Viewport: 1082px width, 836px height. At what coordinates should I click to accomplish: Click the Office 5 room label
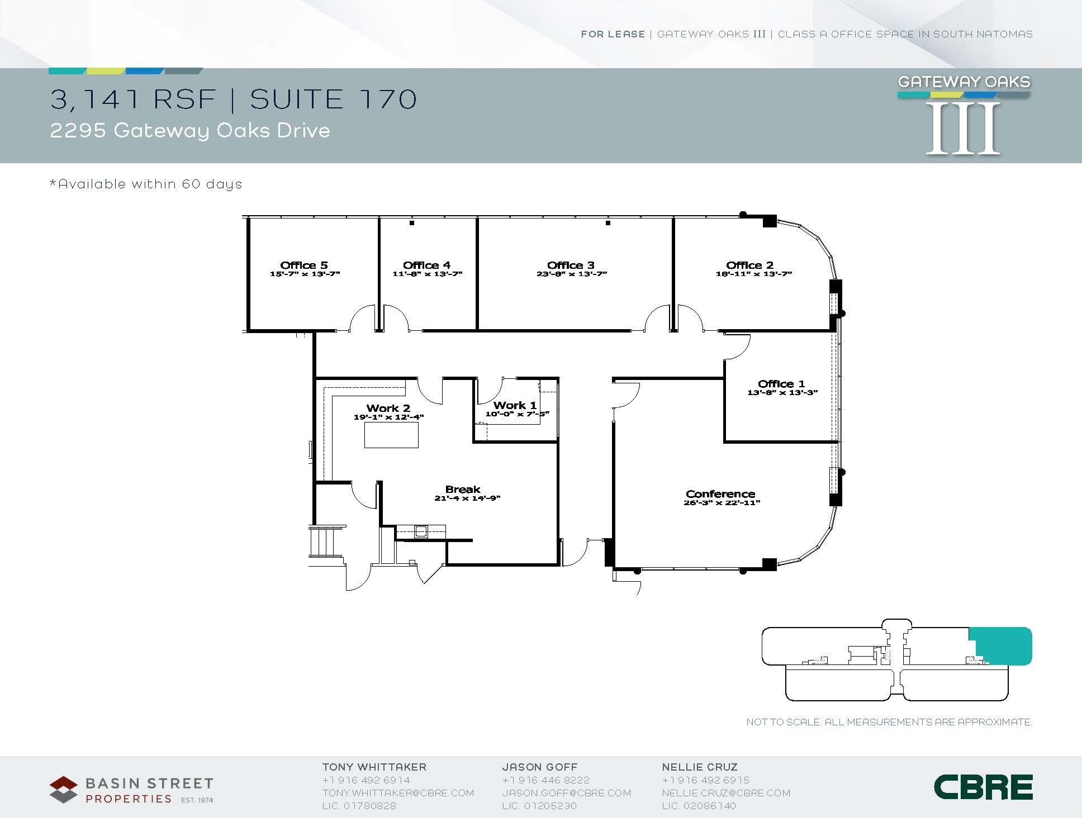(x=304, y=265)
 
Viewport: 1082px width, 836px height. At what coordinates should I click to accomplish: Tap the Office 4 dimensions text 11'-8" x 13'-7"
(x=428, y=274)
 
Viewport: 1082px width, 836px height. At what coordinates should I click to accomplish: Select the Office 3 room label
(x=571, y=265)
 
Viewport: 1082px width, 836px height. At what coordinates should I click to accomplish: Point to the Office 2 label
(x=750, y=265)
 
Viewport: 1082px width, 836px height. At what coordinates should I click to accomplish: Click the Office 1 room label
(x=781, y=383)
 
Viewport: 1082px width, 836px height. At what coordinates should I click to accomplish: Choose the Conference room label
(x=720, y=494)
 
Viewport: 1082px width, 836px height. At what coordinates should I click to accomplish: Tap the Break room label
(x=463, y=490)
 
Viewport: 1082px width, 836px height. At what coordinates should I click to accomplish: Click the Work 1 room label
(x=515, y=405)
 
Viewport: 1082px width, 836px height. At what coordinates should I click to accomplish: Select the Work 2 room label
(x=388, y=408)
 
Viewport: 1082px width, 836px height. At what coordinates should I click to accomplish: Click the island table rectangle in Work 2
(x=391, y=435)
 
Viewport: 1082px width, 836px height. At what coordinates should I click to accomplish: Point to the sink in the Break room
(x=421, y=531)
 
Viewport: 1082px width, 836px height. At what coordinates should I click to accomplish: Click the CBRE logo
(x=983, y=787)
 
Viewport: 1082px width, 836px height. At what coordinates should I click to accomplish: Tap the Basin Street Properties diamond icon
(x=64, y=789)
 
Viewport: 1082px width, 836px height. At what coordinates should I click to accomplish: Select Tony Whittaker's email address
(x=398, y=793)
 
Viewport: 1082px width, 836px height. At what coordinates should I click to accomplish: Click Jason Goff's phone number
(x=545, y=780)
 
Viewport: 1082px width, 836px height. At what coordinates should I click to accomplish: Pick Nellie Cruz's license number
(x=699, y=806)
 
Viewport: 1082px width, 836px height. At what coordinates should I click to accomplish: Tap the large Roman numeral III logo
(x=963, y=129)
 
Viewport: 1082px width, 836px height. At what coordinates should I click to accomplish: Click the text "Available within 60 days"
(x=146, y=184)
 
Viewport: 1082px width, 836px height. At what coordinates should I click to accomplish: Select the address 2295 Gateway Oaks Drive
(x=190, y=131)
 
